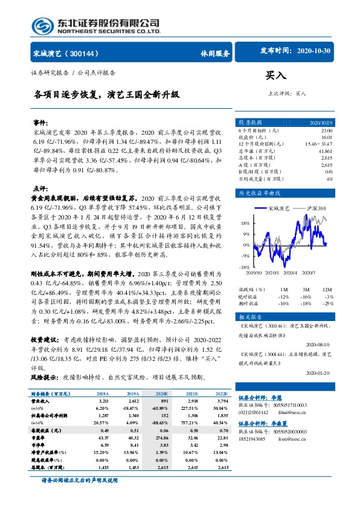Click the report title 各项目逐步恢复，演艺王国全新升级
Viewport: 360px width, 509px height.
[x=106, y=95]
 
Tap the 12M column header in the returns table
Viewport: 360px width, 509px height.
[x=328, y=290]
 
